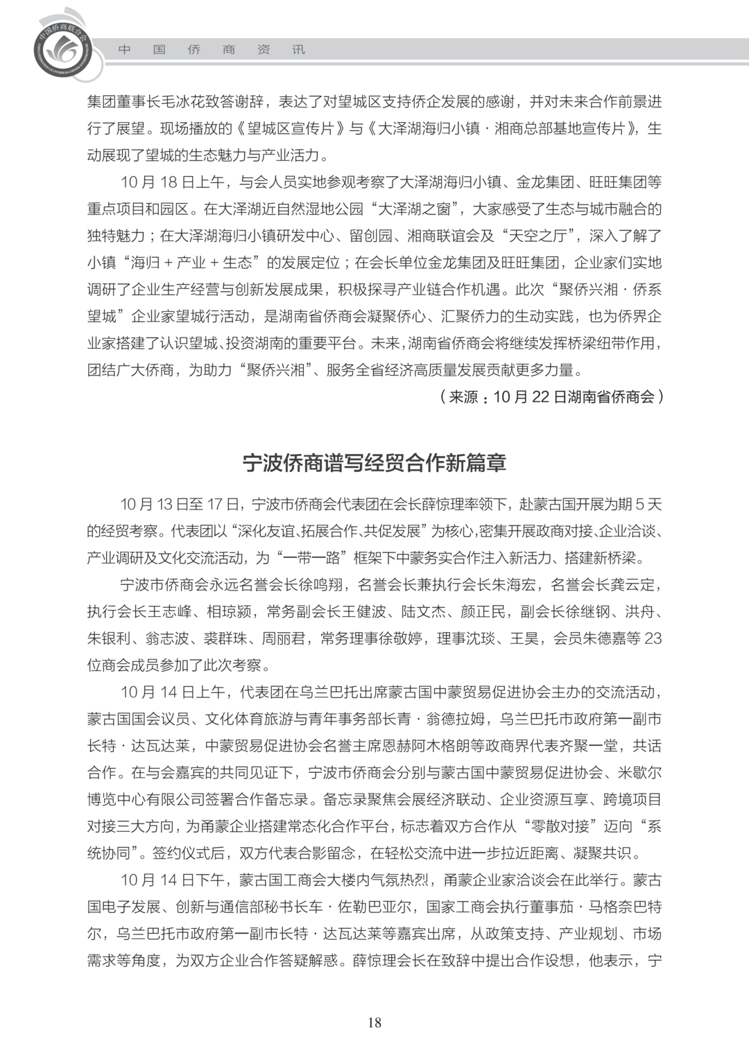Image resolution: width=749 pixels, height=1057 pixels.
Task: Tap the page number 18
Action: point(374,1022)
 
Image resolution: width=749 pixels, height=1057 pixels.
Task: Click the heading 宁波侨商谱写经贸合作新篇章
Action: point(374,462)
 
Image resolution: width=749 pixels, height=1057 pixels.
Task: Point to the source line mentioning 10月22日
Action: point(551,396)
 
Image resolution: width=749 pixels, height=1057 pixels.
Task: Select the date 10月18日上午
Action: point(173,182)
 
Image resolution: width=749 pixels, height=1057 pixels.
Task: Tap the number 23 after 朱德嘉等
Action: point(652,638)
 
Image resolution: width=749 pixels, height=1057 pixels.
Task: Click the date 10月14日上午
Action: point(173,692)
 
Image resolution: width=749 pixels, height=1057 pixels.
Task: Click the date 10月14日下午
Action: point(173,880)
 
